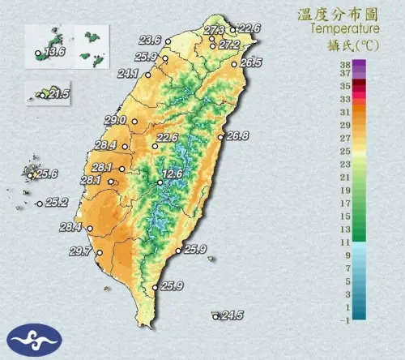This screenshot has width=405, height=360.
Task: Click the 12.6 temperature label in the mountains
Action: (172, 174)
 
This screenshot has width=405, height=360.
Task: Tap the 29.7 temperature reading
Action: (79, 251)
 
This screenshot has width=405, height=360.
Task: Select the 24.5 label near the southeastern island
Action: (232, 315)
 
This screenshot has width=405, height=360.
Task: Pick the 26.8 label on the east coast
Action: (237, 136)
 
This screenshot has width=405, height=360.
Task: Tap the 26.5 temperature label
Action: (250, 62)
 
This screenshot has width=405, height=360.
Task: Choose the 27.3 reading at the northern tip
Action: (214, 31)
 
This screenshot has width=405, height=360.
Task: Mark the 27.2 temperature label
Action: (229, 45)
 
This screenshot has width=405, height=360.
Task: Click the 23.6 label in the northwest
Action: (150, 40)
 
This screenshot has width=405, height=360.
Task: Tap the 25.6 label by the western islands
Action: (46, 174)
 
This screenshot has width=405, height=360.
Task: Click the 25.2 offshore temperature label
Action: (56, 203)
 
